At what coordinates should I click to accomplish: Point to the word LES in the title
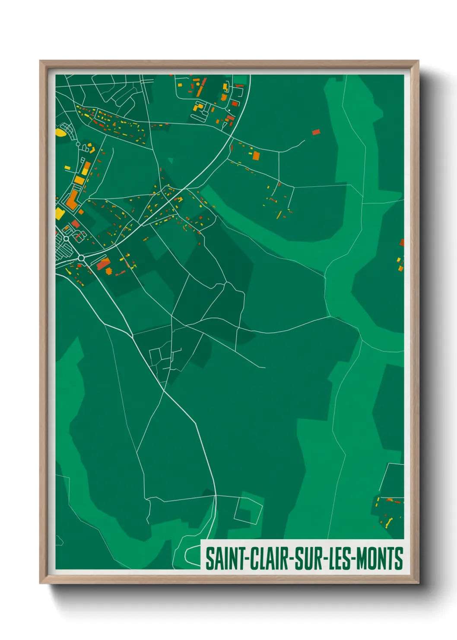[341, 559]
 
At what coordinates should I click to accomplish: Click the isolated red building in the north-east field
[316, 132]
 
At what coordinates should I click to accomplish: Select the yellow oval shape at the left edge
[61, 131]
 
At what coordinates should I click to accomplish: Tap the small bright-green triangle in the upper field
[171, 161]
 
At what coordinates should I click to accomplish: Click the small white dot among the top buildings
[229, 110]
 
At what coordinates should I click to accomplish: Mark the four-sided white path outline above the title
[248, 510]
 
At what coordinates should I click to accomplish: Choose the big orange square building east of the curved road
[256, 155]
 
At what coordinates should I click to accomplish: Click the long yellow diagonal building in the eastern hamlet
[279, 215]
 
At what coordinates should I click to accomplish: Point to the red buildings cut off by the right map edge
[402, 243]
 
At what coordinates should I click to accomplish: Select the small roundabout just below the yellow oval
[78, 144]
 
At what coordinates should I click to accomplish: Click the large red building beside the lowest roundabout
[103, 264]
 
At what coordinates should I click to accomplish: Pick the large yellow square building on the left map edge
[60, 213]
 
